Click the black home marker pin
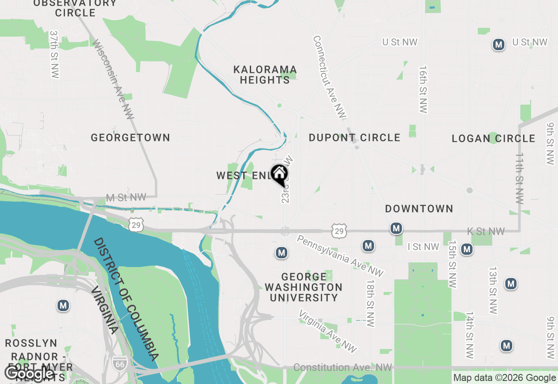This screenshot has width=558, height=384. click(279, 174)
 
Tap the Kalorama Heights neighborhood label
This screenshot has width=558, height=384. click(265, 75)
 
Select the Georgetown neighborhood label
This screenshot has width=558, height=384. click(130, 138)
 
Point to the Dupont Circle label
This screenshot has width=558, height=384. click(354, 138)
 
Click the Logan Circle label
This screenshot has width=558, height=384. click(493, 139)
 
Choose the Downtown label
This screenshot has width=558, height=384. click(419, 209)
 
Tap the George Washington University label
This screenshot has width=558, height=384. click(303, 287)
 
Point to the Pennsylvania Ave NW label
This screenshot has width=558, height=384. click(340, 256)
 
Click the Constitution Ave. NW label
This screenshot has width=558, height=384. click(343, 367)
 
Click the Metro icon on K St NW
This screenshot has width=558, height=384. click(396, 228)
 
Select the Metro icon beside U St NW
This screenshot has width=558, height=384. click(498, 45)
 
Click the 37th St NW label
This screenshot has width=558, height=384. click(54, 54)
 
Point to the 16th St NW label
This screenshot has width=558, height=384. click(423, 89)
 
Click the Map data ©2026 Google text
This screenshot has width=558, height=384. click(504, 378)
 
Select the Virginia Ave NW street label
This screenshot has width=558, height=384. click(328, 331)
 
